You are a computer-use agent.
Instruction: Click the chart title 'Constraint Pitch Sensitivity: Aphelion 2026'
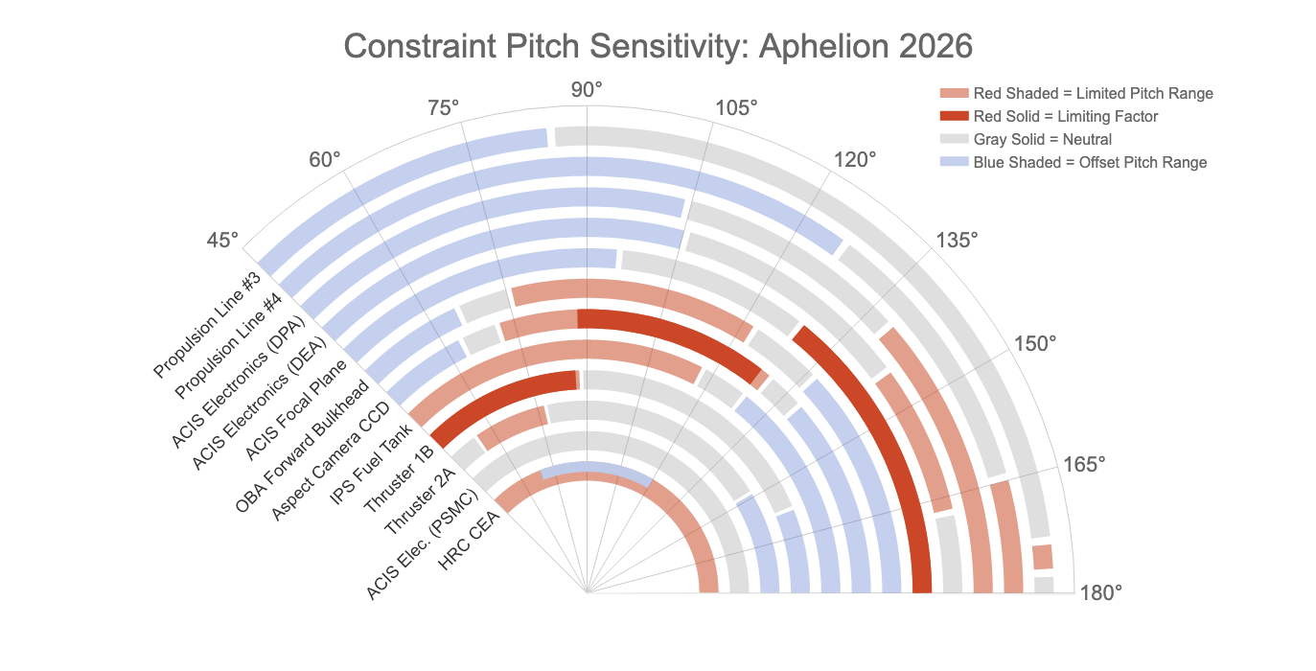click(658, 45)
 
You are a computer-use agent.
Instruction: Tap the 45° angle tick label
click(222, 240)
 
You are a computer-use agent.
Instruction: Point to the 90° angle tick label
click(587, 90)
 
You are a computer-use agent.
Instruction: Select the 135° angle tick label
click(957, 240)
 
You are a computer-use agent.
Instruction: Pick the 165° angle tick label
click(1085, 464)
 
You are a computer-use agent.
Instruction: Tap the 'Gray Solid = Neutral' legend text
click(1043, 139)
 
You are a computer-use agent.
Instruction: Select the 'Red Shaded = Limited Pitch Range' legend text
click(1093, 93)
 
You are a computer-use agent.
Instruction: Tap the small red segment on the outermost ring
click(1043, 557)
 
